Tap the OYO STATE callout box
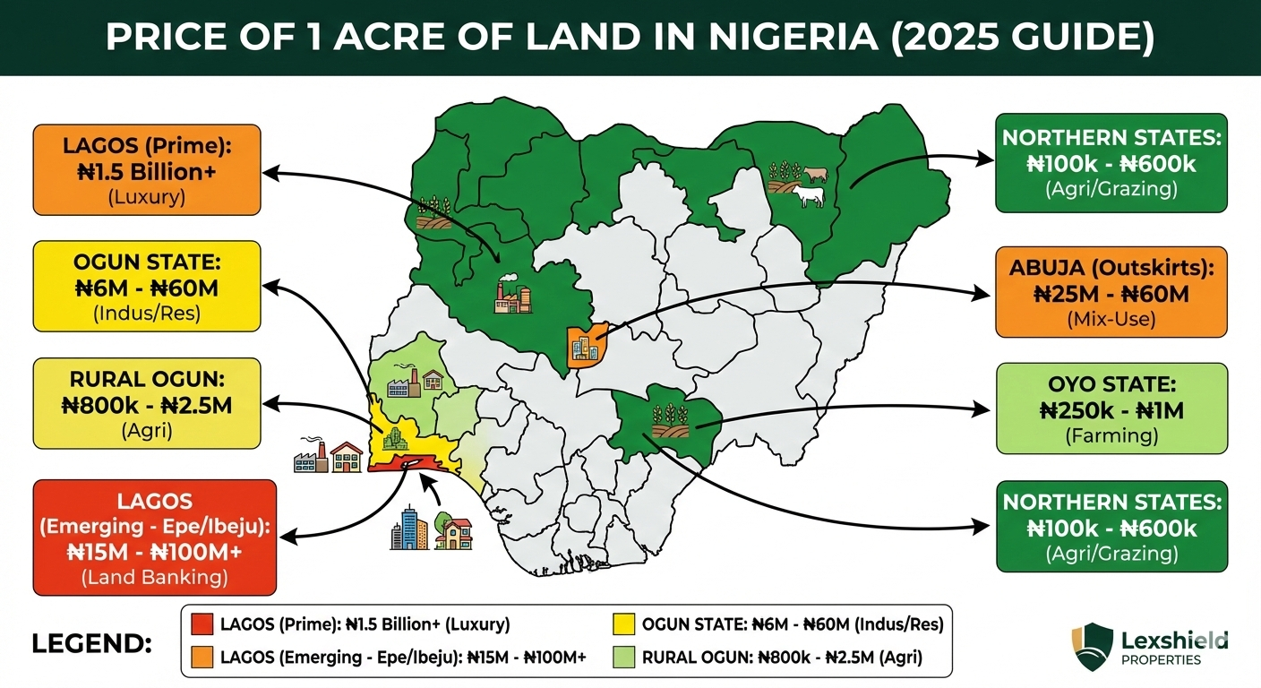pos(1111,409)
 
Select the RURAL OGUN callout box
pos(147,403)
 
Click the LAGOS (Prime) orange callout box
pos(147,169)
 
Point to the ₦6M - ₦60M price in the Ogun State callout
pos(147,290)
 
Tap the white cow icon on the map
pos(809,196)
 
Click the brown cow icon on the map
pos(816,174)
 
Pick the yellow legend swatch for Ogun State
pos(623,623)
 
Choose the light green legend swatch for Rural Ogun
pos(623,658)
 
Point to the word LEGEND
pos(91,643)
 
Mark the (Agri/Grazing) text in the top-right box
pos(1111,189)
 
